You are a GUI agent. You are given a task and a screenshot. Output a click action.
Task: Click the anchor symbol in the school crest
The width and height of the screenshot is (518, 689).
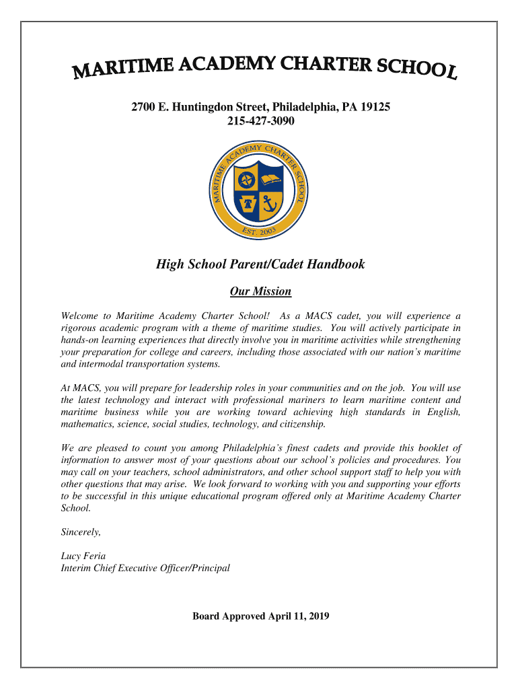click(x=270, y=203)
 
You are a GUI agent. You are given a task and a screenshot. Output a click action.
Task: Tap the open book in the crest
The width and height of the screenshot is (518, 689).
click(x=271, y=180)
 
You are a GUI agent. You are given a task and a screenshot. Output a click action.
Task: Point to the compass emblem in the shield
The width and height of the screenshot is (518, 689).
click(x=248, y=180)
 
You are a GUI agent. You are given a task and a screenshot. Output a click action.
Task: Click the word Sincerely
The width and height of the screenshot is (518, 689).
click(x=81, y=532)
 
